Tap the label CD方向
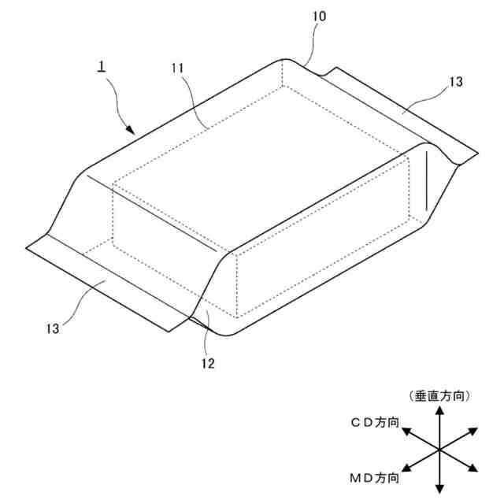(x=373, y=423)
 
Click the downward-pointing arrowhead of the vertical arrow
(x=439, y=484)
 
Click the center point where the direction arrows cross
(x=439, y=449)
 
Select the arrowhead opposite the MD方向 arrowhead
(x=472, y=430)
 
